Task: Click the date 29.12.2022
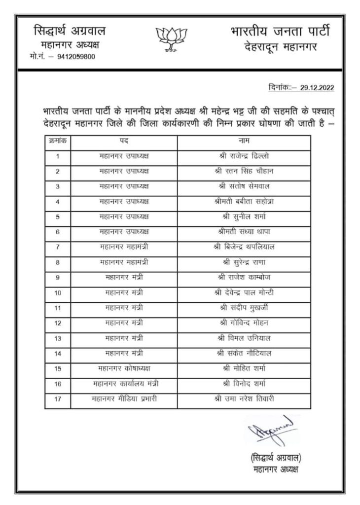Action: coord(316,89)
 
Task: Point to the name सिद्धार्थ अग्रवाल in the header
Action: coord(69,32)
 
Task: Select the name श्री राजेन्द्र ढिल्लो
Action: coord(244,156)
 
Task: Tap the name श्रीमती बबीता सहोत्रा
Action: coord(244,201)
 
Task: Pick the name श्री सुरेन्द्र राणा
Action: coord(244,262)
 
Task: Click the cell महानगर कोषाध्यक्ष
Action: coord(124,368)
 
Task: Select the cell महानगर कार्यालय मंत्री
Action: coord(124,383)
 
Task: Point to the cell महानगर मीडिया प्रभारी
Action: coord(124,398)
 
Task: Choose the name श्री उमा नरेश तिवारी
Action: coord(244,398)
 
